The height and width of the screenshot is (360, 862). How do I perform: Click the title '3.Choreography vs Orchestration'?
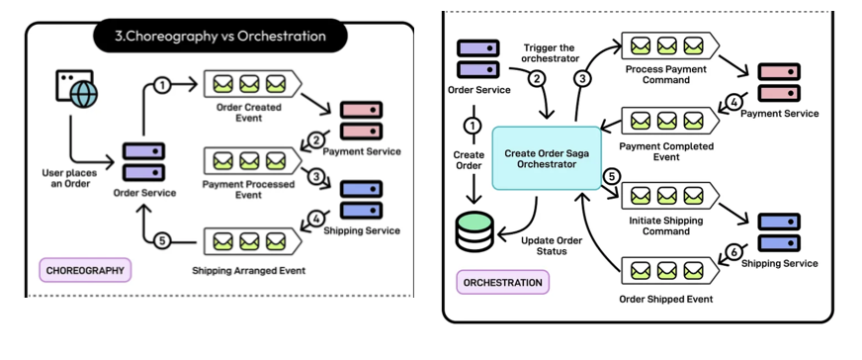tap(219, 37)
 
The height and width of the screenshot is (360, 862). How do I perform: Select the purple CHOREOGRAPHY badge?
tap(85, 270)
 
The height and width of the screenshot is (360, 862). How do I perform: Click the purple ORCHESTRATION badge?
tap(502, 282)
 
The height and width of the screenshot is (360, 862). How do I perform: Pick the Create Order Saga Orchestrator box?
tap(547, 158)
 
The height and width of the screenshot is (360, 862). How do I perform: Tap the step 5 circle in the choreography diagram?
tap(161, 240)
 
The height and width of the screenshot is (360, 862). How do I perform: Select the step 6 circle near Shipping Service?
tap(733, 252)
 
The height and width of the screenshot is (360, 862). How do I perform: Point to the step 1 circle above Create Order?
tap(473, 127)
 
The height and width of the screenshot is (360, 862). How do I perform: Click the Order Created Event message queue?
tap(252, 84)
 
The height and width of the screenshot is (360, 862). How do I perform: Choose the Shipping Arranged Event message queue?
tap(252, 241)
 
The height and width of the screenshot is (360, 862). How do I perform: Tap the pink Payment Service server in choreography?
tap(361, 120)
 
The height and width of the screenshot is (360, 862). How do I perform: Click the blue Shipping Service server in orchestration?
tap(779, 232)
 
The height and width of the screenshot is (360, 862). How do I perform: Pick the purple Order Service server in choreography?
tap(143, 162)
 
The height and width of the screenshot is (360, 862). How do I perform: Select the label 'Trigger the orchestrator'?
tap(551, 52)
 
